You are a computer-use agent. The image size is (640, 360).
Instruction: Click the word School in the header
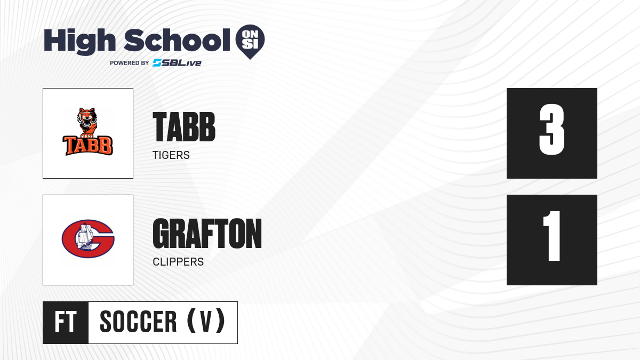(x=177, y=40)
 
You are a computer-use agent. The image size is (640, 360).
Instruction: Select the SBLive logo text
(x=177, y=63)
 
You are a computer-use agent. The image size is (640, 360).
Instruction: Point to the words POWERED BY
(x=130, y=63)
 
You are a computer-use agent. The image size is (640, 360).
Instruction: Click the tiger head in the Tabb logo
(x=87, y=117)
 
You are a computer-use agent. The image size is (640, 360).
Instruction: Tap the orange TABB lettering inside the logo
(x=87, y=146)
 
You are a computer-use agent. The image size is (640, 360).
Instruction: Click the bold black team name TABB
(x=184, y=127)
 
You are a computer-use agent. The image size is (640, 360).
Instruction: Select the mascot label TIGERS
(x=171, y=155)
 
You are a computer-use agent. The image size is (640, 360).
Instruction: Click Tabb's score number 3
(x=551, y=130)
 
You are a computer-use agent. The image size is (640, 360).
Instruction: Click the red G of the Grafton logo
(x=88, y=238)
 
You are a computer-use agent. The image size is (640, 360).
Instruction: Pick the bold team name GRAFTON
(x=207, y=234)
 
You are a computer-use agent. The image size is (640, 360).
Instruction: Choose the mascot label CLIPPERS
(x=178, y=262)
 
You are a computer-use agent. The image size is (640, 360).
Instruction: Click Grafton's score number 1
(x=551, y=236)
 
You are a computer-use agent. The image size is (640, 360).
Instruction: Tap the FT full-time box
(x=66, y=323)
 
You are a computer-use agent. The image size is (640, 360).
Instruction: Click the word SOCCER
(x=138, y=322)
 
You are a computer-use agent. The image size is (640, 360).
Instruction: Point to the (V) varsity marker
(x=206, y=321)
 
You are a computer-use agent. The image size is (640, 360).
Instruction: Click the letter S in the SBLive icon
(x=157, y=63)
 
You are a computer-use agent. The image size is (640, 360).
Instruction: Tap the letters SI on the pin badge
(x=250, y=45)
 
